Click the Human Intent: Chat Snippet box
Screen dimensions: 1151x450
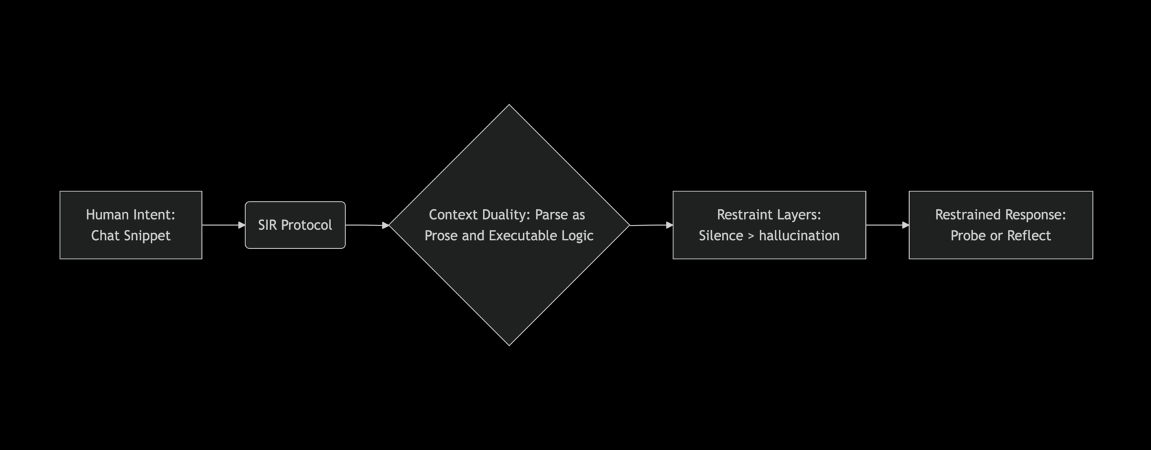(131, 225)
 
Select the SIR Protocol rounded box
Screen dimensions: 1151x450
(295, 225)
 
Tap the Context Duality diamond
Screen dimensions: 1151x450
(509, 225)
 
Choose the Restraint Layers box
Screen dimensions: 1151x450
(769, 225)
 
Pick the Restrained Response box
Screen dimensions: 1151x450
(1001, 225)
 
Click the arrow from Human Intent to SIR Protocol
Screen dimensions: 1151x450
(224, 225)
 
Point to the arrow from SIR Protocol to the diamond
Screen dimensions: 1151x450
(367, 225)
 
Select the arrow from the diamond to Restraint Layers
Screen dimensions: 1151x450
(652, 225)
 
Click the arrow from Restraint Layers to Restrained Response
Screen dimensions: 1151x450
(887, 225)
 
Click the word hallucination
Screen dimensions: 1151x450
(799, 235)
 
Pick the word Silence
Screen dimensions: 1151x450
(721, 235)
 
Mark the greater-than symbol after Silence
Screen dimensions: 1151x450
(751, 236)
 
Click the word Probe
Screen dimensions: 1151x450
(965, 235)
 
